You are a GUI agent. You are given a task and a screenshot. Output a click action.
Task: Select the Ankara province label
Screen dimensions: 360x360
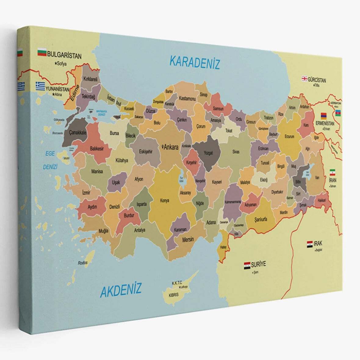(x=171, y=147)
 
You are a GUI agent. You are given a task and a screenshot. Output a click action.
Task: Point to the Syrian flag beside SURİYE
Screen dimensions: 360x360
(x=247, y=265)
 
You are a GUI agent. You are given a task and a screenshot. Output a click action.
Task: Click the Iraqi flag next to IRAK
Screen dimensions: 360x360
(x=309, y=244)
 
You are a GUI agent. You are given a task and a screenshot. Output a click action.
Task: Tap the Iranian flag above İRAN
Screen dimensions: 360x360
(x=332, y=172)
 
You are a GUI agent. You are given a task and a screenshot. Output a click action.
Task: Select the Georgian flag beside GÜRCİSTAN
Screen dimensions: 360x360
(x=304, y=79)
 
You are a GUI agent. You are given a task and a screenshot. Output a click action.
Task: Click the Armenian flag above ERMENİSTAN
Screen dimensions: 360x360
(x=324, y=117)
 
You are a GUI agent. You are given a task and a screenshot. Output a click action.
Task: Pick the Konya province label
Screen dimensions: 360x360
(x=164, y=201)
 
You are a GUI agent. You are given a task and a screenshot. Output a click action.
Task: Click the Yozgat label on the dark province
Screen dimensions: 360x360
(x=208, y=153)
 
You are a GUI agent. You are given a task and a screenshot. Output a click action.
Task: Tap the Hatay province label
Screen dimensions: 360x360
(x=223, y=247)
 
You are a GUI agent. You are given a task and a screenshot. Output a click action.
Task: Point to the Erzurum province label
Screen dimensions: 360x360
(x=289, y=136)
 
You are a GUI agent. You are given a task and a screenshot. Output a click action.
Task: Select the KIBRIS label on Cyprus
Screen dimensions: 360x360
(x=174, y=295)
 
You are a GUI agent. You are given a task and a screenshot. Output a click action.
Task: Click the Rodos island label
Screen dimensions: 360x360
(x=82, y=263)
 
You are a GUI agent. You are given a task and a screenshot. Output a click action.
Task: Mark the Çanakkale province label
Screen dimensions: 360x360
(x=78, y=133)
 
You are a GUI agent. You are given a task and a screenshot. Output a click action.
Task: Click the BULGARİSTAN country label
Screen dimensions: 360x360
(x=64, y=56)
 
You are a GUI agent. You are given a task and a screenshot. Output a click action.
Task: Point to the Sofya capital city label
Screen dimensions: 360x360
(x=61, y=64)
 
